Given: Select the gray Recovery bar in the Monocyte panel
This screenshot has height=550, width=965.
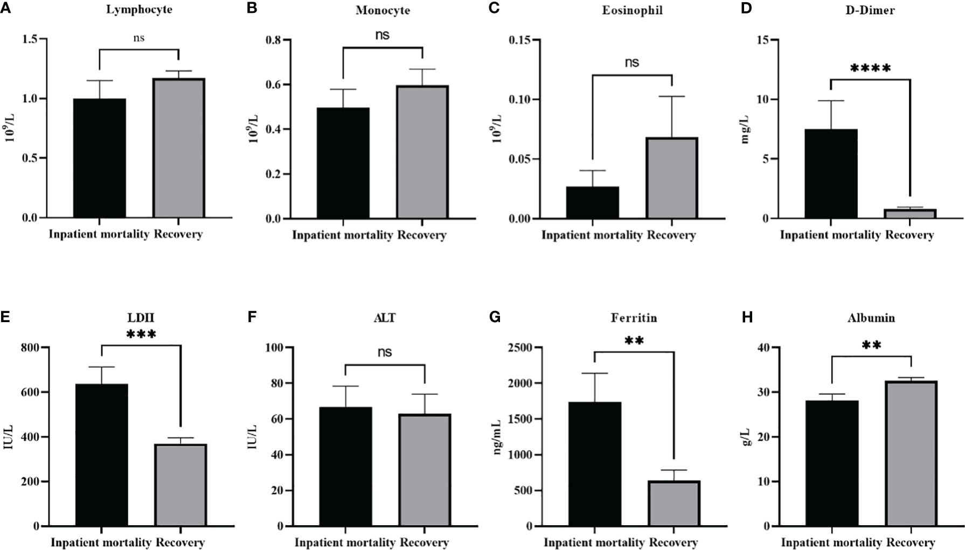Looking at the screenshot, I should pos(422,152).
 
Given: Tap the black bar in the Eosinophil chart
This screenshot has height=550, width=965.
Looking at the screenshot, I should pos(592,203).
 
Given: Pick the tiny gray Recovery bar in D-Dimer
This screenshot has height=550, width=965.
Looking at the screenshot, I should pos(910,214).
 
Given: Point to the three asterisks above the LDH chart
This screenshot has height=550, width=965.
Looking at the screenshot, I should pos(141,335).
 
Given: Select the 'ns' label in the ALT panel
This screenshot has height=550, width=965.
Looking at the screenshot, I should pos(385,352).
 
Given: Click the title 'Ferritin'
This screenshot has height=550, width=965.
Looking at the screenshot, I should pos(634,318).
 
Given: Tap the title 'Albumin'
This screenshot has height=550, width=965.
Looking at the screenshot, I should pos(871,318).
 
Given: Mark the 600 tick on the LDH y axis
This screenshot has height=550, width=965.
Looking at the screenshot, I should pos(30,392).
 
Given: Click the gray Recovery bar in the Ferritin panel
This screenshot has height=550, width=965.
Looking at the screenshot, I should pos(674,503).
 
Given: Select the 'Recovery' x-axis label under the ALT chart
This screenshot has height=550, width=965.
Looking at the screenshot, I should pos(425,542).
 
